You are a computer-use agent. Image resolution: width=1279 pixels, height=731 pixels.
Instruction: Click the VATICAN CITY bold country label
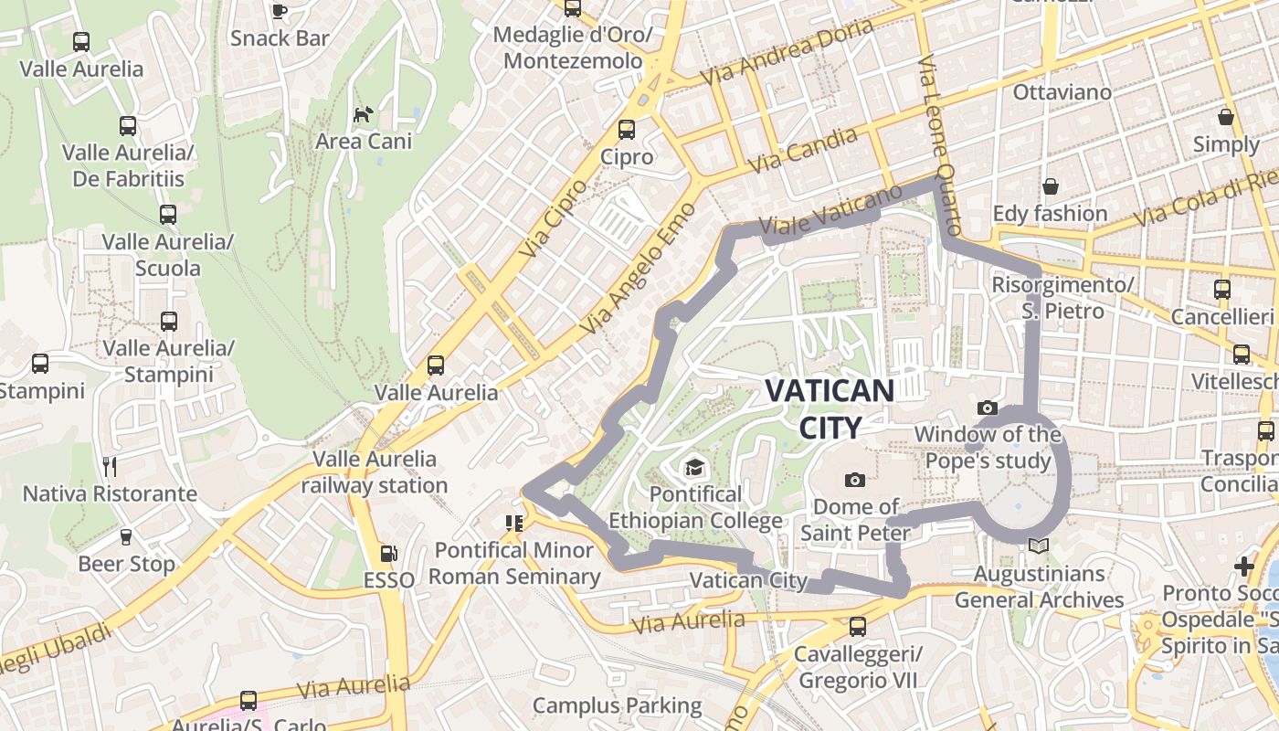[x=830, y=408]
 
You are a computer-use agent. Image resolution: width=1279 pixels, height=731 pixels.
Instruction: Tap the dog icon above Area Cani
[x=364, y=114]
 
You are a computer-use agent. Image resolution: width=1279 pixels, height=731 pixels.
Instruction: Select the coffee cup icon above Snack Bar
[x=280, y=11]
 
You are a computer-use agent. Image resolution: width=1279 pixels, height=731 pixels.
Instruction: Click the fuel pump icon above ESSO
[x=389, y=553]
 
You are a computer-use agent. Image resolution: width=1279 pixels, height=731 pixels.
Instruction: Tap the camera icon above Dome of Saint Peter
[x=855, y=480]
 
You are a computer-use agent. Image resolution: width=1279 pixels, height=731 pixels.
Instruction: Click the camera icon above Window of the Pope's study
[x=987, y=408]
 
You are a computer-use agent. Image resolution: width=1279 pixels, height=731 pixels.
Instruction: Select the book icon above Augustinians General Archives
[x=1038, y=546]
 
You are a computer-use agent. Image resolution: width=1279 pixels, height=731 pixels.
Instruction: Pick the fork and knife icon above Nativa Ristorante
[x=110, y=467]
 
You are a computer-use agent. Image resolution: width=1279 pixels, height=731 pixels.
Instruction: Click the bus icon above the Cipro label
[x=627, y=130]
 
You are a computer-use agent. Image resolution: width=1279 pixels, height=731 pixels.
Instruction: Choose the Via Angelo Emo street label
[x=638, y=267]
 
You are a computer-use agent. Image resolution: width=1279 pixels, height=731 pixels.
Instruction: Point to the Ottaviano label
[x=1062, y=92]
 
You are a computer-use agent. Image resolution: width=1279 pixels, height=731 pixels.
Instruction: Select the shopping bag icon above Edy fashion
[x=1051, y=187]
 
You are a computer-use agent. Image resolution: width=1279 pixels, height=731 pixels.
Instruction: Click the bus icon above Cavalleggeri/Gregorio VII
[x=857, y=627]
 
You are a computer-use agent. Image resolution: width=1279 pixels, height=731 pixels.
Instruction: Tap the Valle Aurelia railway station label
[x=375, y=471]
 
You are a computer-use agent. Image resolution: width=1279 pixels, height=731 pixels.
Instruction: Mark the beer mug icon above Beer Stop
[x=126, y=537]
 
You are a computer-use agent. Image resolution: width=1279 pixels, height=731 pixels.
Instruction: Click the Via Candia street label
[x=803, y=150]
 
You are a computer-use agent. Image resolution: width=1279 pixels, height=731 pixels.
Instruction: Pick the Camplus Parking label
[x=617, y=705]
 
